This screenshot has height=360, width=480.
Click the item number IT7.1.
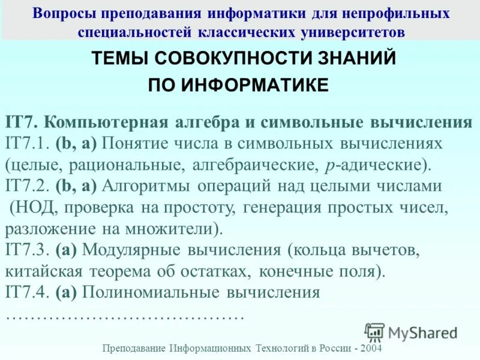[x=28, y=144]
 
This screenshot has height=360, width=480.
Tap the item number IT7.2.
[x=28, y=186]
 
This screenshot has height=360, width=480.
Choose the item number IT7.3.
[x=28, y=250]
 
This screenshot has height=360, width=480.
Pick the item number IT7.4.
[x=28, y=292]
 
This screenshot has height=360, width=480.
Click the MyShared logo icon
[x=374, y=332]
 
